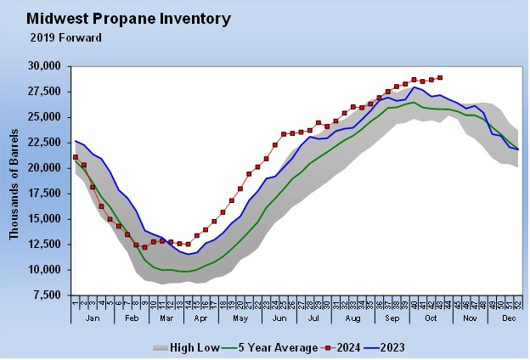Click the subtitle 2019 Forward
click(x=65, y=37)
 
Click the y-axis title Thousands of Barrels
click(x=14, y=181)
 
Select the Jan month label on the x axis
click(x=93, y=318)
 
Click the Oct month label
click(x=432, y=318)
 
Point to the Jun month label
click(x=279, y=318)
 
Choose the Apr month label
click(x=200, y=318)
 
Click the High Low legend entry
click(x=185, y=347)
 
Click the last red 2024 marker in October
click(x=439, y=77)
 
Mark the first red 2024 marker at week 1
click(x=76, y=157)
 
